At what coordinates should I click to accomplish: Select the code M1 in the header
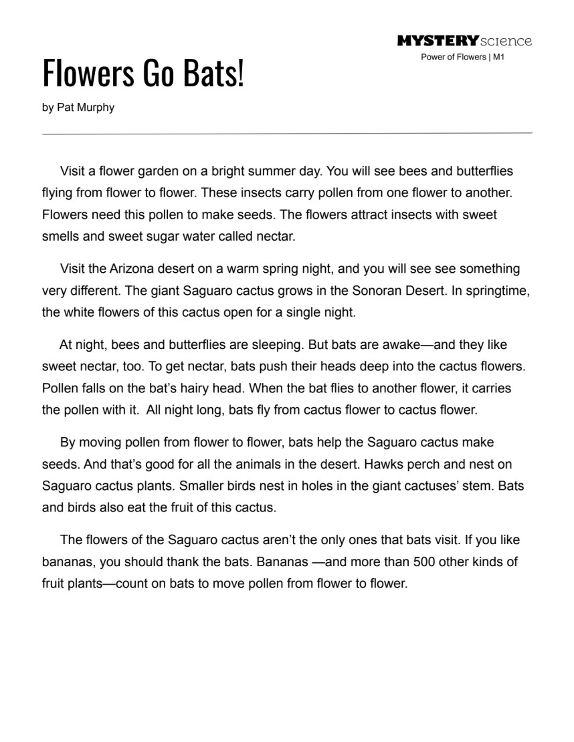click(498, 57)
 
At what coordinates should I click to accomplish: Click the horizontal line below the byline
click(287, 133)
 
